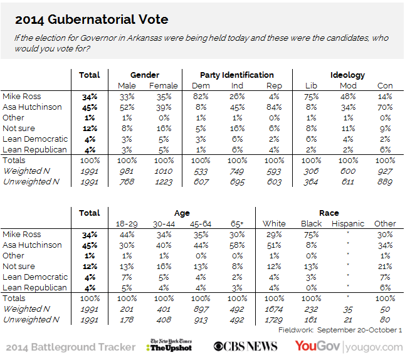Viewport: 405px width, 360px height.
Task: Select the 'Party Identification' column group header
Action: pyautogui.click(x=236, y=75)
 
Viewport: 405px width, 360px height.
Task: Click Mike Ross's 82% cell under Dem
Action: pyautogui.click(x=201, y=97)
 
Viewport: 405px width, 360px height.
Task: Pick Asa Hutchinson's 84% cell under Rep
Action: pyautogui.click(x=273, y=107)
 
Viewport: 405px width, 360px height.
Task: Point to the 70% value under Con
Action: pyautogui.click(x=384, y=107)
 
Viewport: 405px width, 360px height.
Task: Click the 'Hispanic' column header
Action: pyautogui.click(x=347, y=223)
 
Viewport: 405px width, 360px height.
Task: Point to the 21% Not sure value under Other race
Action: pyautogui.click(x=385, y=266)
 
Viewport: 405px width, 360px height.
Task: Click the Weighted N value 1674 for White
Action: pyautogui.click(x=273, y=309)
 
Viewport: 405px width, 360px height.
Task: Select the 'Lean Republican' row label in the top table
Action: pyautogui.click(x=35, y=150)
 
